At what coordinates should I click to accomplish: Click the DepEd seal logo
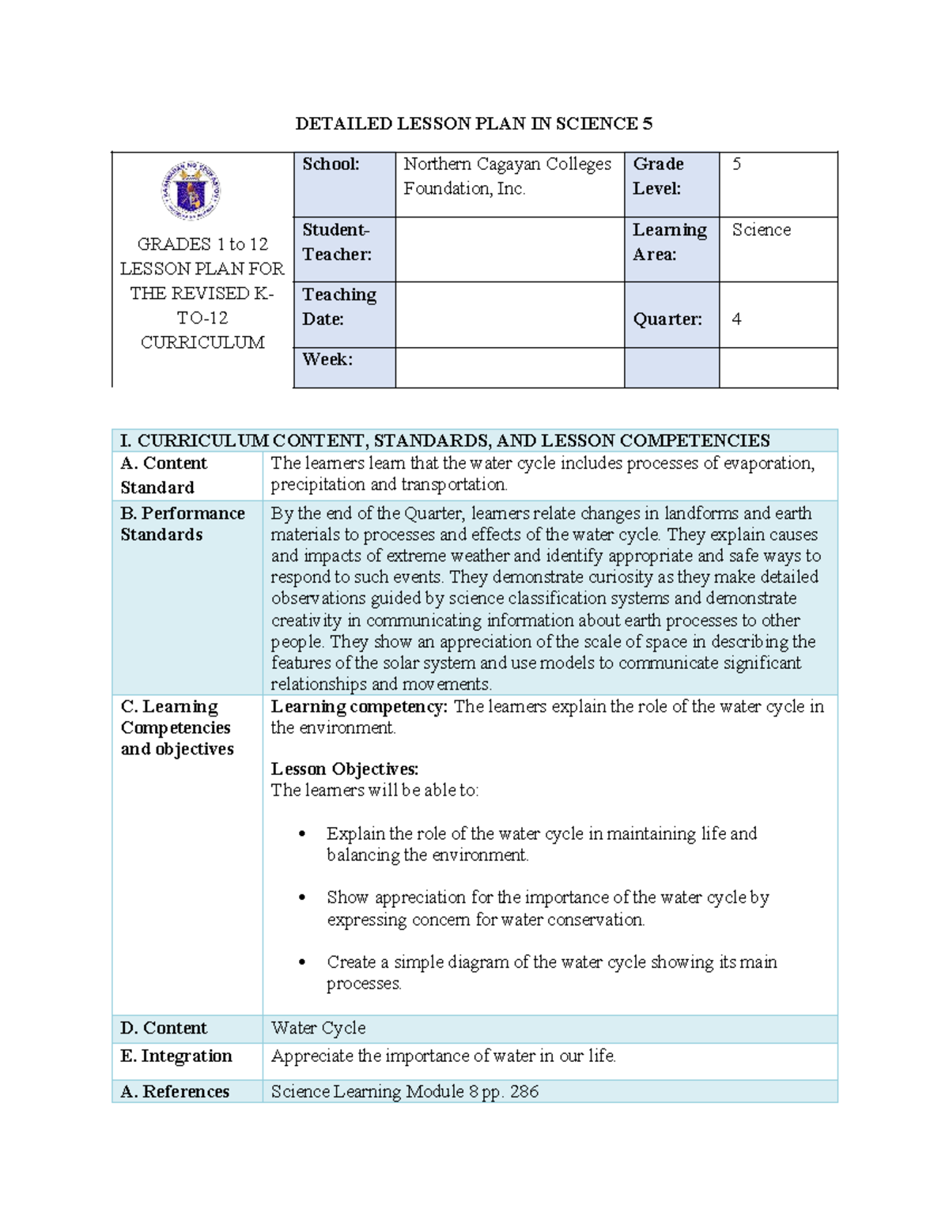pos(191,191)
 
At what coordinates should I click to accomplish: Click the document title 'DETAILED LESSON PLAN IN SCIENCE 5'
pos(474,123)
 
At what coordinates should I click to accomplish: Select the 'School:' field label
pos(331,164)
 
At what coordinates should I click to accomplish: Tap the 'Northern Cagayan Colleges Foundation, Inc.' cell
pos(507,176)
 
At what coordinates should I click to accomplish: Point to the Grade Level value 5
pos(737,164)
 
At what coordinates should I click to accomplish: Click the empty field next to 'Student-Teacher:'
pos(509,250)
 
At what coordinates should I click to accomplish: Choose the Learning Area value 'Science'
pos(761,230)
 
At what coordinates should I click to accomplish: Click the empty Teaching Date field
pos(509,315)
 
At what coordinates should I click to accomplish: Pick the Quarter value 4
pos(737,319)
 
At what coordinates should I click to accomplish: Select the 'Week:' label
pos(327,360)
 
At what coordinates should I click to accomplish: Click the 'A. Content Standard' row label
pos(164,475)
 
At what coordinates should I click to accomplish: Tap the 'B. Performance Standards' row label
pos(183,524)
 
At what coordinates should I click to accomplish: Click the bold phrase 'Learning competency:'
pos(359,707)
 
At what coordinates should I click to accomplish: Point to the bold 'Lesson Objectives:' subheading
pos(345,769)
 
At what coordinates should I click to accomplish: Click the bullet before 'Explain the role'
pos(302,834)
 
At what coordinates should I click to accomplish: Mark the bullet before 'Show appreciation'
pos(302,898)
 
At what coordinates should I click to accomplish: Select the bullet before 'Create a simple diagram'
pos(302,963)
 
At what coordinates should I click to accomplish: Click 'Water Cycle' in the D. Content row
pos(318,1028)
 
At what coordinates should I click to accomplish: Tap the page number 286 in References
pos(524,1092)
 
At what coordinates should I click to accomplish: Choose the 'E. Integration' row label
pos(176,1056)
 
